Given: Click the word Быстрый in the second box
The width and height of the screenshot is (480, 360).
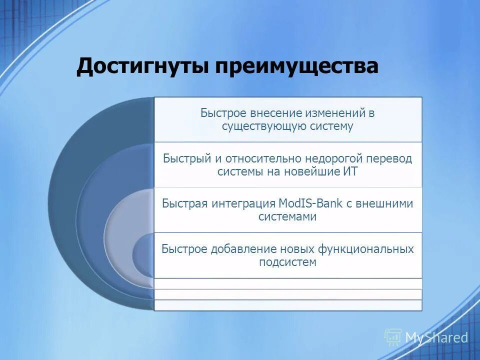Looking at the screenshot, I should [x=187, y=158].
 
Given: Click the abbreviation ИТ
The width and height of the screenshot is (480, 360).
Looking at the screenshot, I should [x=351, y=171].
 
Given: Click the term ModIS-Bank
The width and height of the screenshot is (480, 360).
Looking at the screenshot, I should [x=308, y=203].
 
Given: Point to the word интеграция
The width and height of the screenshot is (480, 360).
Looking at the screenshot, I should [x=242, y=203].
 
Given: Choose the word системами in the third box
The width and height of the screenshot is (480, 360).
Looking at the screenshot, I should [x=287, y=216].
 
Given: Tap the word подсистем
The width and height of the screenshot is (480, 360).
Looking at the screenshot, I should [x=287, y=261].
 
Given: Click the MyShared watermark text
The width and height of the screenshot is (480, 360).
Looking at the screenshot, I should [x=436, y=337].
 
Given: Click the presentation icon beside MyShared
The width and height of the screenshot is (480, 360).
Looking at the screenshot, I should [x=393, y=337].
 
